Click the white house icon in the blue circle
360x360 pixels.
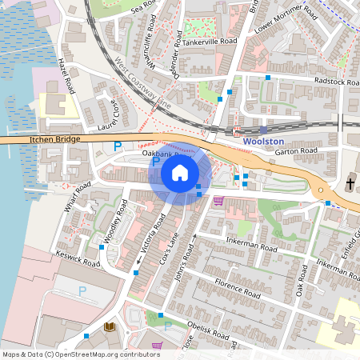coord(180,172)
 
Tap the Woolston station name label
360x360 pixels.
coord(263,141)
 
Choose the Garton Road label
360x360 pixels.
coord(296,150)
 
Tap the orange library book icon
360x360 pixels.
coord(110,327)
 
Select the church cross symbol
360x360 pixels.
coord(350,185)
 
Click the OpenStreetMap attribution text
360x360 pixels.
coord(80,354)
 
